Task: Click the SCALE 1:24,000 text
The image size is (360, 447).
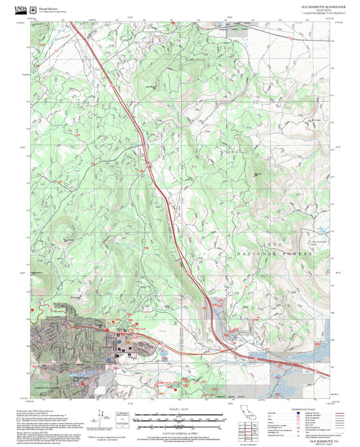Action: (x=179, y=410)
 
